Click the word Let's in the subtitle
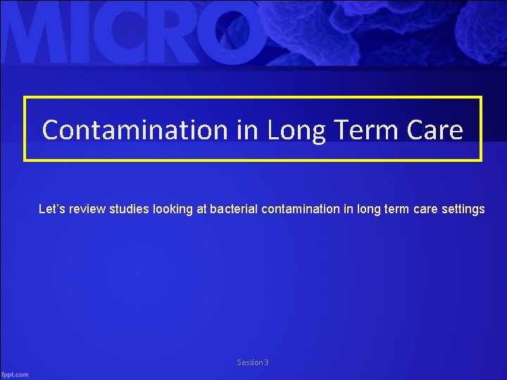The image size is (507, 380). [52, 209]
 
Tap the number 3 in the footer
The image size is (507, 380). [266, 362]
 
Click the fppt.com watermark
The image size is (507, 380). [15, 374]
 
